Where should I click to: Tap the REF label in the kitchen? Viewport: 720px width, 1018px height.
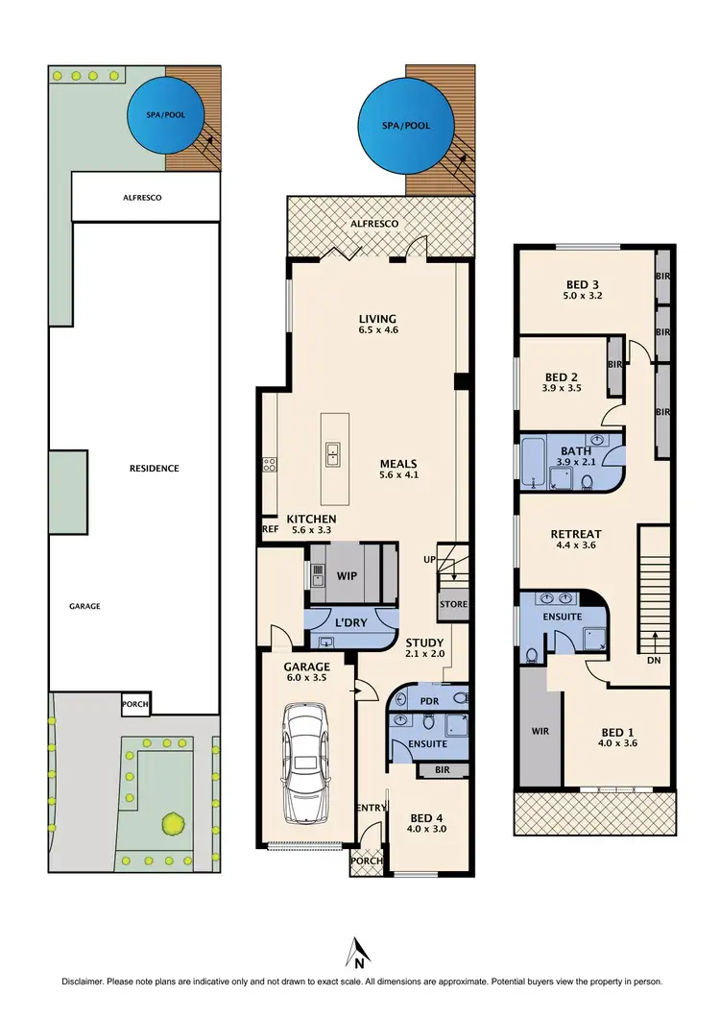pyautogui.click(x=269, y=528)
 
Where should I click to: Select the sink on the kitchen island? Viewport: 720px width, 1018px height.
pyautogui.click(x=331, y=453)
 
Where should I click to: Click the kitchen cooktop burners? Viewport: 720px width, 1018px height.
pyautogui.click(x=270, y=466)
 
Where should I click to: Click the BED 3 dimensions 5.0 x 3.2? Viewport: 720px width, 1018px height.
pyautogui.click(x=583, y=298)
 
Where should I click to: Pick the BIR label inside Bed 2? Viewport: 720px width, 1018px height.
pyautogui.click(x=614, y=365)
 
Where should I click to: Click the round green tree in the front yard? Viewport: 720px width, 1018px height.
pyautogui.click(x=173, y=822)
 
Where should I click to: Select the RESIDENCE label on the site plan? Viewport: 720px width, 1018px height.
pyautogui.click(x=155, y=469)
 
